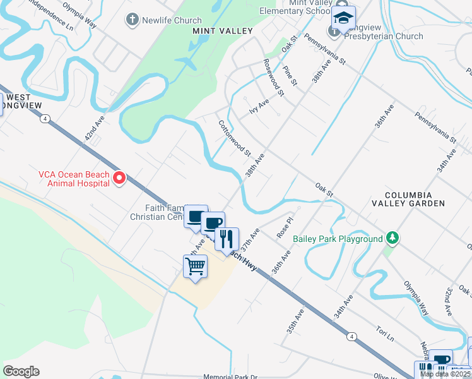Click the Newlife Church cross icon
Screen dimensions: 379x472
pyautogui.click(x=133, y=20)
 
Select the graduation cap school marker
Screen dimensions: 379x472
pyautogui.click(x=343, y=19)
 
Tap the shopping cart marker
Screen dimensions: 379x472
pyautogui.click(x=196, y=267)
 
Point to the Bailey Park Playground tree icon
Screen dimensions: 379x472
pyautogui.click(x=392, y=239)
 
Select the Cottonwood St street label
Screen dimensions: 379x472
pyautogui.click(x=235, y=138)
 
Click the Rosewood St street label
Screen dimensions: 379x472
pyautogui.click(x=274, y=77)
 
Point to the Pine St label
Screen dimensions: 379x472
pyautogui.click(x=290, y=75)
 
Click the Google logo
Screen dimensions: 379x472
pyautogui.click(x=21, y=371)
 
